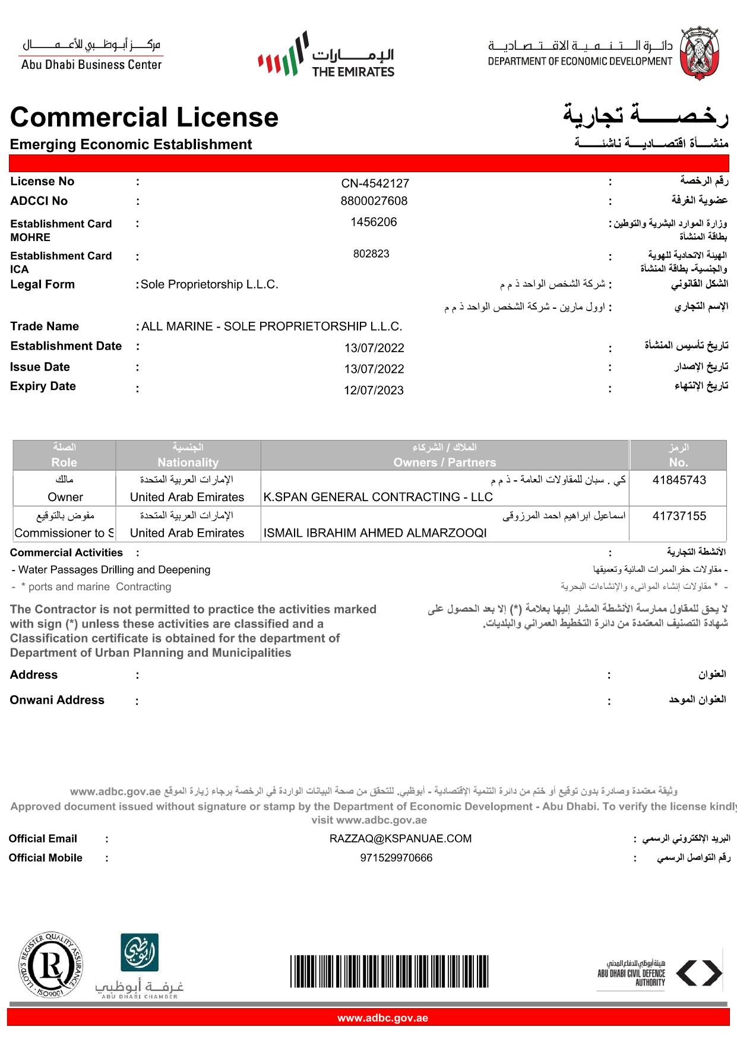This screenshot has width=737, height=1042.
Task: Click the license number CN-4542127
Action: [375, 183]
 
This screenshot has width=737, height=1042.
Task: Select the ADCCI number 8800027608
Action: [374, 201]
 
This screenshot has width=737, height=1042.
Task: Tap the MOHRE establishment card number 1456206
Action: [374, 222]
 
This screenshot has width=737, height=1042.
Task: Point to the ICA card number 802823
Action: [371, 254]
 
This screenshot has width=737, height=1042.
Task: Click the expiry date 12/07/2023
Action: [374, 390]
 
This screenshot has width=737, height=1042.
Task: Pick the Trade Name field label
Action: [45, 327]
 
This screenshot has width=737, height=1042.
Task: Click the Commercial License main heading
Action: [144, 117]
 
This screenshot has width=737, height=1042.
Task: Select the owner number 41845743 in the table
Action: [679, 480]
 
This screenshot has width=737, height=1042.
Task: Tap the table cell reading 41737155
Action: [679, 516]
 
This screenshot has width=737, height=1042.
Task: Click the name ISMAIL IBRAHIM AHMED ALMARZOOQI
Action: [375, 533]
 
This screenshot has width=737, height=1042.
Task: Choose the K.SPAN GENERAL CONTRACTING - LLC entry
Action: [378, 497]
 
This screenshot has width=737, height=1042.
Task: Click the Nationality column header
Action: [188, 463]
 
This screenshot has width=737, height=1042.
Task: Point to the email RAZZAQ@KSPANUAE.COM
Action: [400, 838]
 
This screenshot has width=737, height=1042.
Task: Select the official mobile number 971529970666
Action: [396, 858]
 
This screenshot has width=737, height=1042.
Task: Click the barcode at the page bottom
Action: [389, 971]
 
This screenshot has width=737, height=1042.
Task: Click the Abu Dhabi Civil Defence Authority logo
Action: [659, 974]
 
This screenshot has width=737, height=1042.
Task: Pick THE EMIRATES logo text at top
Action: [353, 72]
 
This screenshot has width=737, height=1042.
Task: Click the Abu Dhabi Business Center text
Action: [91, 65]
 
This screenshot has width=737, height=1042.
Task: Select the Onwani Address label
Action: [57, 700]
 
